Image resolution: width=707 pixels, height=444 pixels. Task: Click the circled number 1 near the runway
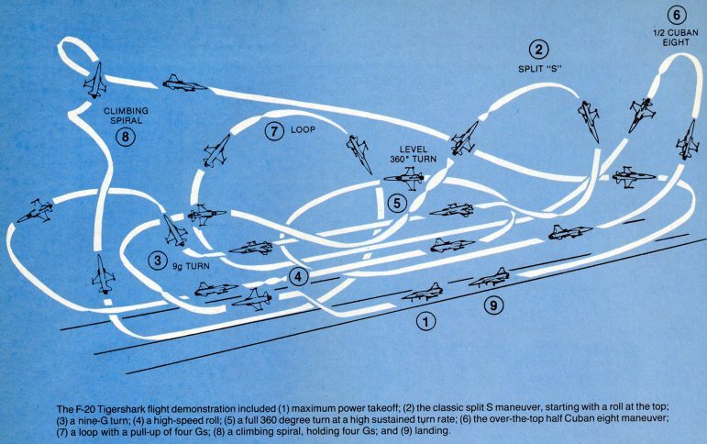coord(425,321)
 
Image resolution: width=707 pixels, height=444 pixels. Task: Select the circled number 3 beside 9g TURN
coord(160,261)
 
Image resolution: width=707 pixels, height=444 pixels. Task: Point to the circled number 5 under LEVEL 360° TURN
coord(396,203)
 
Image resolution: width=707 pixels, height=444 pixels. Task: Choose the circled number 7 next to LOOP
coord(273,131)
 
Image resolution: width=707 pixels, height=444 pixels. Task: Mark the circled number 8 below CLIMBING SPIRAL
coord(126,137)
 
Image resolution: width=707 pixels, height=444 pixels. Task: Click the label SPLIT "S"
coord(539,69)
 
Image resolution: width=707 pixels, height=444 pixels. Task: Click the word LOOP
coord(303,130)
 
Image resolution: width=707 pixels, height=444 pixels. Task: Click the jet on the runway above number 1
coord(422,293)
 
